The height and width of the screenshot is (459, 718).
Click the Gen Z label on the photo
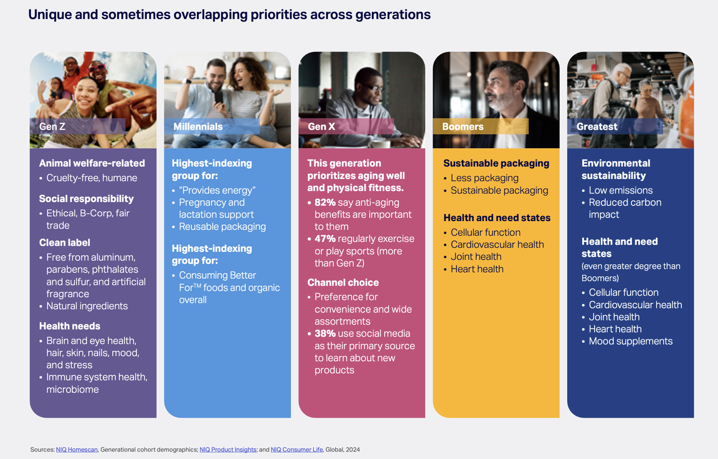click(52, 127)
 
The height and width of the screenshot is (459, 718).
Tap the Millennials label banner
click(212, 126)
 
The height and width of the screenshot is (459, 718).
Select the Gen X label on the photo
click(321, 127)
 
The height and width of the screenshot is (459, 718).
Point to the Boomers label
click(463, 127)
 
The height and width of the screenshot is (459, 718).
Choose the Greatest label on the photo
click(597, 127)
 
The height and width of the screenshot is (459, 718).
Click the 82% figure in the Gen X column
click(325, 203)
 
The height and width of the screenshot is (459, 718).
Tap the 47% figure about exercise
click(325, 239)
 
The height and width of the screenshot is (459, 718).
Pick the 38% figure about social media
click(325, 334)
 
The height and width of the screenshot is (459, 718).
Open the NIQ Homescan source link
click(77, 449)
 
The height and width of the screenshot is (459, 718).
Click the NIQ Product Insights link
click(228, 449)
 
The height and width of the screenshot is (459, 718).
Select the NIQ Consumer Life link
click(297, 449)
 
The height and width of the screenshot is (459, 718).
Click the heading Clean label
click(65, 242)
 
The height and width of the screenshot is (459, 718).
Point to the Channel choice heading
click(343, 282)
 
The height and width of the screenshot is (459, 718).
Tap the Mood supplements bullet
click(630, 341)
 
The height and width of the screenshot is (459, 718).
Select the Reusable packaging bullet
click(222, 227)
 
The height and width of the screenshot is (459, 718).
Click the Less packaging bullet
click(484, 178)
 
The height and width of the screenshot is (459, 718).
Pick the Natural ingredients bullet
click(87, 306)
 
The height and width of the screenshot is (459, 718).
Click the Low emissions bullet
click(620, 190)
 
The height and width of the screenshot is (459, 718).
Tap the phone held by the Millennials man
click(219, 97)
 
